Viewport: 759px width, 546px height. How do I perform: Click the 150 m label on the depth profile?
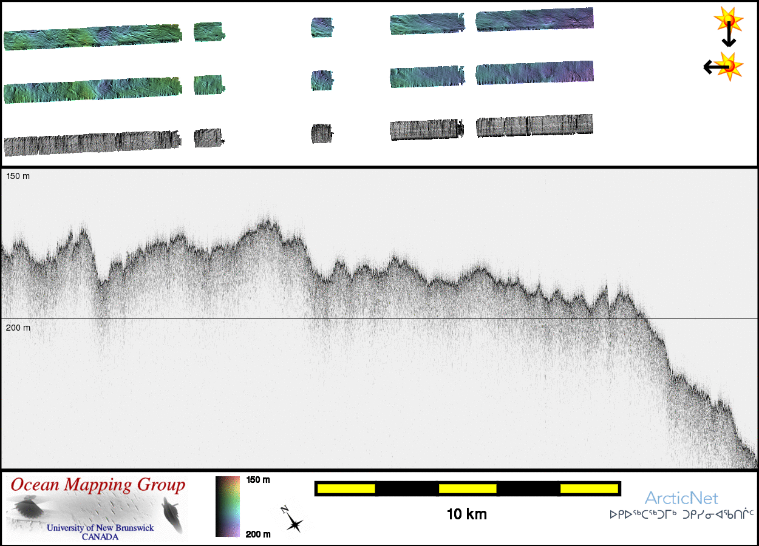coord(18,176)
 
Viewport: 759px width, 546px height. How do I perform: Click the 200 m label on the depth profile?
coord(18,328)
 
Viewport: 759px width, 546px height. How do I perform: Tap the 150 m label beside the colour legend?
coord(258,480)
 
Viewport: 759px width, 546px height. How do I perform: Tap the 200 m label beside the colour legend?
coord(258,534)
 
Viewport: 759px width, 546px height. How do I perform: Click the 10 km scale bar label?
coord(467,514)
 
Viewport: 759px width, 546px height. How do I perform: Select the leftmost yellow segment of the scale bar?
coord(346,489)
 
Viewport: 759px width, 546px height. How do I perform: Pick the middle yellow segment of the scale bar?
coord(468,489)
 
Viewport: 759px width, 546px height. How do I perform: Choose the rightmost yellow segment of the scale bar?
coord(589,489)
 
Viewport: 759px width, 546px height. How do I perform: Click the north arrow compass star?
coord(294,524)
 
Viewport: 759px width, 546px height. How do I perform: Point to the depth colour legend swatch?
coord(228,507)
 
